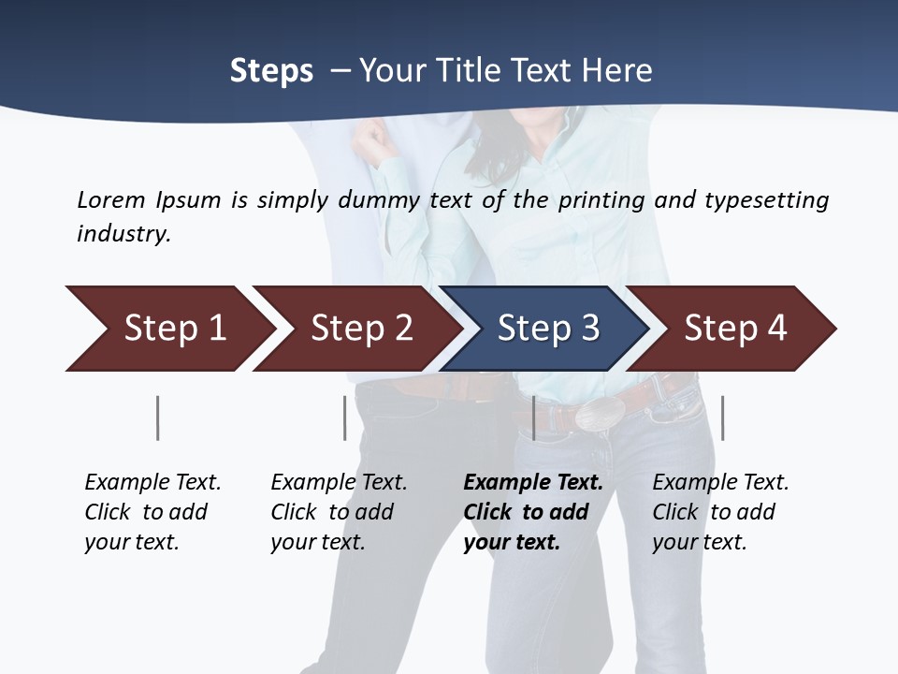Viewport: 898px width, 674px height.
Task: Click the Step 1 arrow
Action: pyautogui.click(x=168, y=329)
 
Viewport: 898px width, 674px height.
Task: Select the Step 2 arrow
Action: pyautogui.click(x=355, y=329)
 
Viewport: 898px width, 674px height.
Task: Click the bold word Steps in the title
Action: pyautogui.click(x=271, y=71)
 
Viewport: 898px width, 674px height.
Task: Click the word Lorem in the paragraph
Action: pyautogui.click(x=110, y=199)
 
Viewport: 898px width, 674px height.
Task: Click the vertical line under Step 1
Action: pyautogui.click(x=158, y=418)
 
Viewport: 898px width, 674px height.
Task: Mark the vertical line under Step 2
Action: pyautogui.click(x=345, y=418)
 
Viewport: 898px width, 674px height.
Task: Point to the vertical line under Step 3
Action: pyautogui.click(x=534, y=418)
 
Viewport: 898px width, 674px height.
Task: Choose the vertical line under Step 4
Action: pyautogui.click(x=723, y=418)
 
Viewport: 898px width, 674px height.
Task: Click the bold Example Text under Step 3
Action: pyautogui.click(x=533, y=482)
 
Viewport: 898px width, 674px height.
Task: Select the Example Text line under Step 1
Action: pyautogui.click(x=152, y=482)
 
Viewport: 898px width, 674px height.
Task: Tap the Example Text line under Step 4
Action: pyautogui.click(x=720, y=482)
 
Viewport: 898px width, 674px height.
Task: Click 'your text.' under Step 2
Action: pyautogui.click(x=317, y=542)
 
